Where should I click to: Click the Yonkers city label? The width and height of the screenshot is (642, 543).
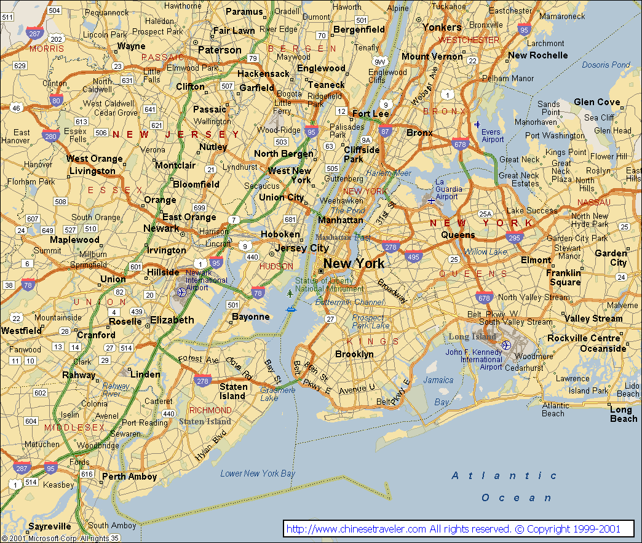click(x=442, y=27)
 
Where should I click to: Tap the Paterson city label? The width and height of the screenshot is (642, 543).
click(x=220, y=50)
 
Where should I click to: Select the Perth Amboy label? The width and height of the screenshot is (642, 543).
click(x=129, y=477)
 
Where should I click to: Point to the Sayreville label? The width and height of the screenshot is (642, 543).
click(x=49, y=527)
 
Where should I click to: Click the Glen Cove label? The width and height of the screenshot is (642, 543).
click(x=596, y=102)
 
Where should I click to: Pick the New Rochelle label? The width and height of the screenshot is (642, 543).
click(x=537, y=55)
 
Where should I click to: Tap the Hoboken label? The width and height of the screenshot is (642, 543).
click(x=280, y=234)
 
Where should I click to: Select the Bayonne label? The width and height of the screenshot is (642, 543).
click(x=250, y=317)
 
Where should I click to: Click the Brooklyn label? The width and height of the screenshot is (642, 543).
click(x=354, y=354)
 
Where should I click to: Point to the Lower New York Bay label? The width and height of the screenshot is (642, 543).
click(x=258, y=474)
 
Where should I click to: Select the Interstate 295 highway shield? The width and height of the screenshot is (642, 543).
click(x=514, y=237)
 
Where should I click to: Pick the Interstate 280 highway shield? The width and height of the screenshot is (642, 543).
click(x=50, y=135)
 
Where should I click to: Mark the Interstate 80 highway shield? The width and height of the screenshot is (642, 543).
click(x=56, y=101)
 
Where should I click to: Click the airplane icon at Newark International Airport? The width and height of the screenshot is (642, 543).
click(x=181, y=292)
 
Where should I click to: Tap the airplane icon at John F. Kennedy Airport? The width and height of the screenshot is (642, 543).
click(x=505, y=345)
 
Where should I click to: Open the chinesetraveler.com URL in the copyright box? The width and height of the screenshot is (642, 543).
click(x=356, y=529)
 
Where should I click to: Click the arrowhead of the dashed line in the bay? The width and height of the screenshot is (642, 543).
click(x=389, y=494)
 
